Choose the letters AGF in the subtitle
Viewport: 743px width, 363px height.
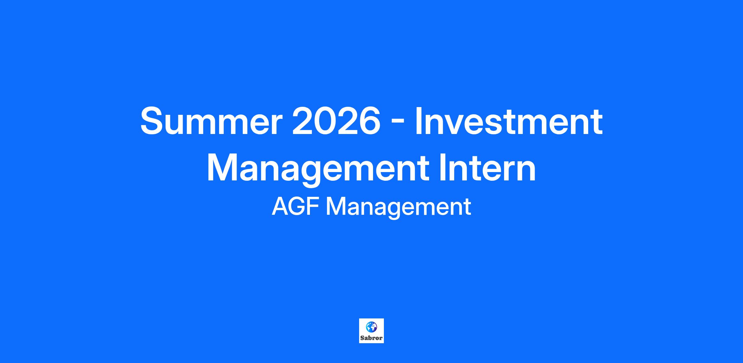coord(297,207)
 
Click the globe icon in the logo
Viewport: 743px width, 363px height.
coord(371,326)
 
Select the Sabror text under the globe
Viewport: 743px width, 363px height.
coord(371,338)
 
